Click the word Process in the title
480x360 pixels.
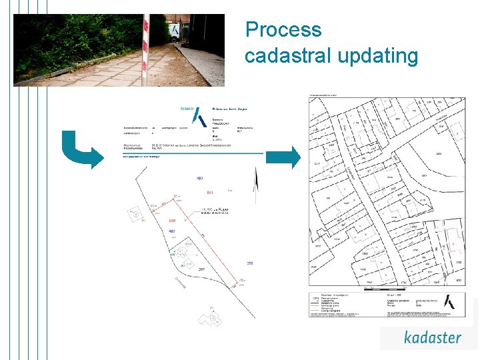tap(283, 30)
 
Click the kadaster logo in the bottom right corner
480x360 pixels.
tap(432, 337)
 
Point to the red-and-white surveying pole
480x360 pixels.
tap(145, 50)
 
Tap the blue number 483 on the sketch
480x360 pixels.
tap(199, 179)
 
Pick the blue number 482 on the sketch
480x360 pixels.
tap(172, 231)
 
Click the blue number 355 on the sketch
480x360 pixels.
tap(249, 263)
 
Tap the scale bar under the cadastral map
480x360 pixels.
tap(387, 288)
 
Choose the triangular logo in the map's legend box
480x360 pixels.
tap(454, 301)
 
